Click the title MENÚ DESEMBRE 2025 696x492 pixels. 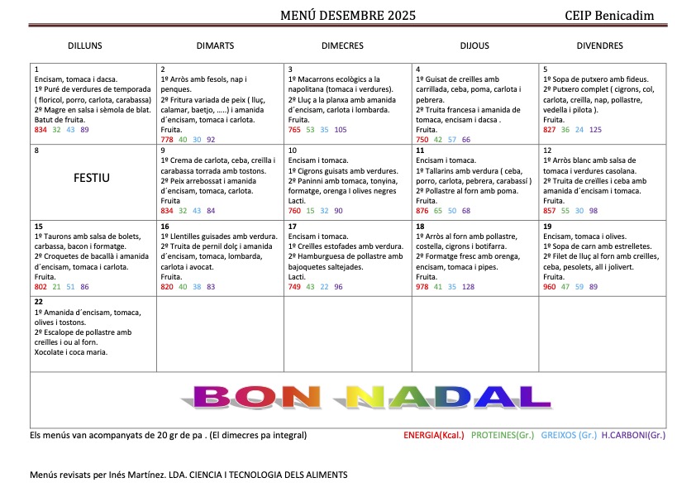point(348,15)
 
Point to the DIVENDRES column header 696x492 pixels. point(599,46)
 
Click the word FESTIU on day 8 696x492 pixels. point(93,177)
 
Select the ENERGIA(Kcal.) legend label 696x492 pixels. point(434,435)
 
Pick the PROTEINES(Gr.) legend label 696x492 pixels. point(503,435)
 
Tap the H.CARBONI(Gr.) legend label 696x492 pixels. point(633,435)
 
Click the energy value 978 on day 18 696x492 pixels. point(422,287)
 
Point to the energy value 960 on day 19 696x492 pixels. point(550,287)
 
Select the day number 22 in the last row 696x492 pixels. point(39,301)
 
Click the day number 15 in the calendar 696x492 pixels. point(39,226)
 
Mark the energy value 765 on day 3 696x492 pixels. point(295,130)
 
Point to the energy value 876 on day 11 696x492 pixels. point(422,211)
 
